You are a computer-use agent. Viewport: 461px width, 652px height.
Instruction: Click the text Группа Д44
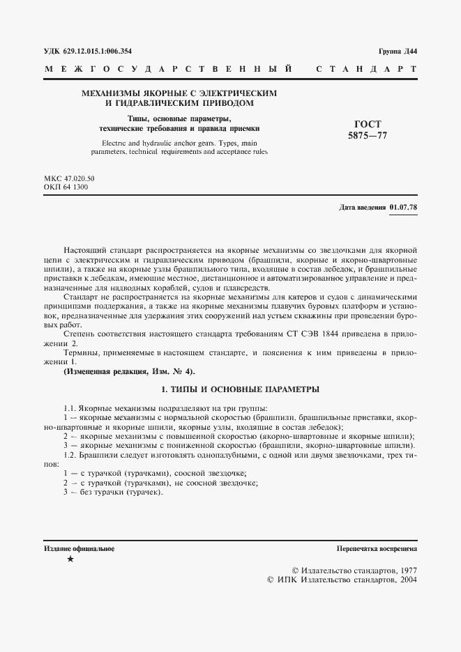tap(398, 52)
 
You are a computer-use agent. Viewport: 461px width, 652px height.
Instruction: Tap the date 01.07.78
tap(403, 208)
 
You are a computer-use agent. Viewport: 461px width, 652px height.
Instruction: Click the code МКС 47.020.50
tap(69, 179)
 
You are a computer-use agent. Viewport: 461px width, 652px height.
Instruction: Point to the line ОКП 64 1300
tap(66, 187)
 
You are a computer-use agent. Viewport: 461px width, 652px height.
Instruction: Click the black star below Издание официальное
tap(69, 560)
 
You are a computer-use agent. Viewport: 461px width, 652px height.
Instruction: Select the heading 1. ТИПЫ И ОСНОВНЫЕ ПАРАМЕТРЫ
tap(230, 388)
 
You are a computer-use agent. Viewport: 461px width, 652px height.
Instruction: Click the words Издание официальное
tap(79, 549)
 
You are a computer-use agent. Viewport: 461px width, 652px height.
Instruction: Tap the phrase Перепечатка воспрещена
tap(377, 549)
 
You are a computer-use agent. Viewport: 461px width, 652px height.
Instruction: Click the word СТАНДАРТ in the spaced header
tap(367, 71)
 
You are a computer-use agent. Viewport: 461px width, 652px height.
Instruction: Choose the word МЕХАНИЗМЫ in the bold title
tap(112, 93)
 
